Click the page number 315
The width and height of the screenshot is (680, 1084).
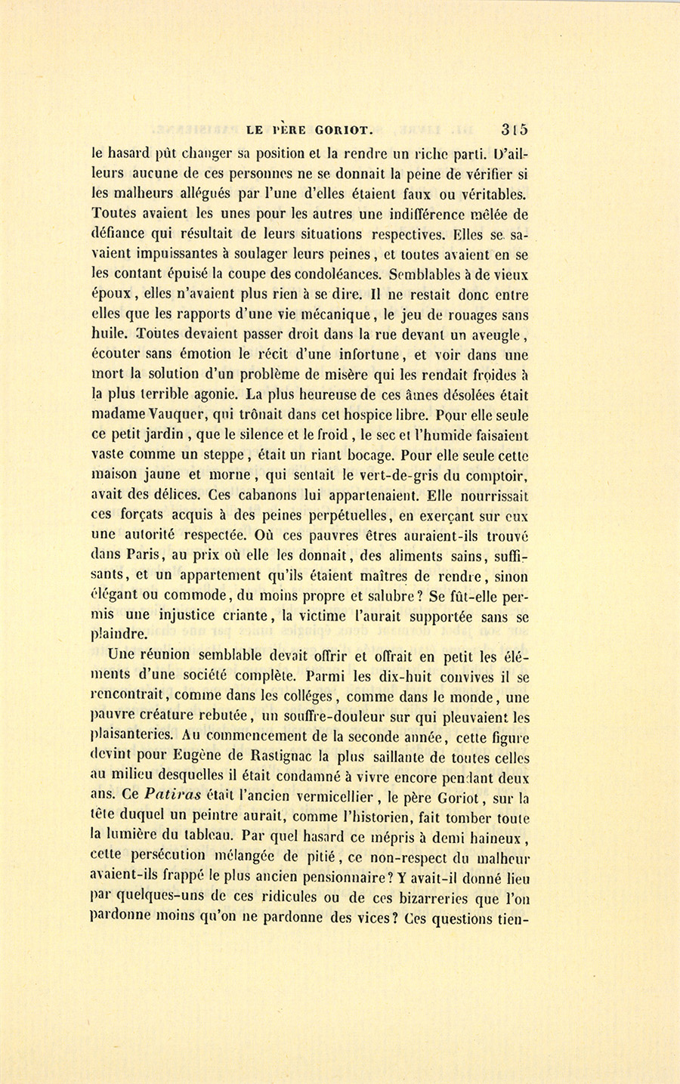point(513,129)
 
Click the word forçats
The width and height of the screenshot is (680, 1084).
point(147,516)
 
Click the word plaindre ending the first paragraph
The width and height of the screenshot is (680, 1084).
point(119,635)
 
